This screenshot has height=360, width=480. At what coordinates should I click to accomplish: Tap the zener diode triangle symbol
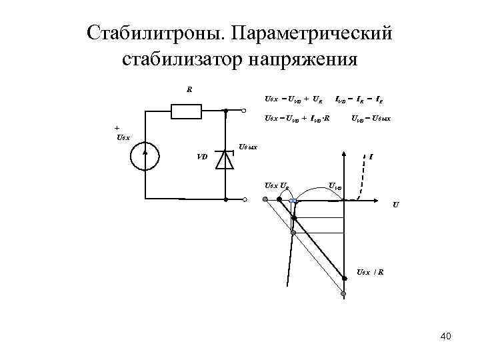pos(227,160)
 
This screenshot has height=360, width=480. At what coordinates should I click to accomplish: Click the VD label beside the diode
pos(202,157)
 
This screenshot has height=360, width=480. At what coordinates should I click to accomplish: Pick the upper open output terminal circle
pos(245,111)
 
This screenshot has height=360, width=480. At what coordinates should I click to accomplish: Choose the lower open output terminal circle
pos(245,199)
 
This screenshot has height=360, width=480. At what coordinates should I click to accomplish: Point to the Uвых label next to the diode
pos(248,146)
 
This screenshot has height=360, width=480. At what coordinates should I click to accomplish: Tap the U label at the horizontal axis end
pos(397,205)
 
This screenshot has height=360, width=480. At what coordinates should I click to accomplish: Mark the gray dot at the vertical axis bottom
pos(344,294)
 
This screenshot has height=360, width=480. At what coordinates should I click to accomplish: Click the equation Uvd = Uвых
pos(372,118)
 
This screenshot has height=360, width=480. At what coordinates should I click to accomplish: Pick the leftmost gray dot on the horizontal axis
pos(265,199)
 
